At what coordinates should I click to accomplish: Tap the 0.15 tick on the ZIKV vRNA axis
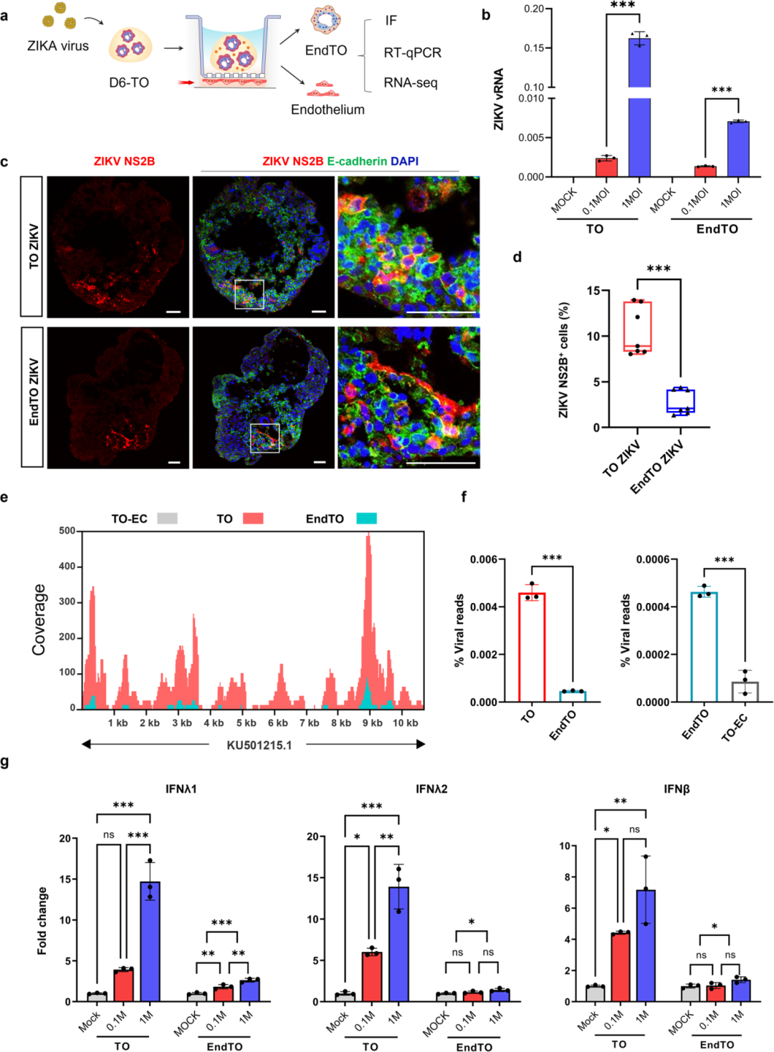pyautogui.click(x=533, y=48)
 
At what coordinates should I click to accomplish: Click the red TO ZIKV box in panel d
pyautogui.click(x=637, y=327)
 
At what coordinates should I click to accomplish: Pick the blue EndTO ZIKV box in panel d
pyautogui.click(x=680, y=400)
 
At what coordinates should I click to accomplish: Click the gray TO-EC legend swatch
pyautogui.click(x=167, y=518)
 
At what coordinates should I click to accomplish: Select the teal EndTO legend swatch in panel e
pyautogui.click(x=366, y=518)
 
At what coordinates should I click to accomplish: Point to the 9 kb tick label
pyautogui.click(x=372, y=723)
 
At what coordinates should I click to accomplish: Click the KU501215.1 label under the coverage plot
pyautogui.click(x=259, y=745)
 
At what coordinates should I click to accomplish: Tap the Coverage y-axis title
pyautogui.click(x=39, y=619)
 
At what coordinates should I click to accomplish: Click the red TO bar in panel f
pyautogui.click(x=532, y=648)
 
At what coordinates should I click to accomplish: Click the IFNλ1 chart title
pyautogui.click(x=181, y=789)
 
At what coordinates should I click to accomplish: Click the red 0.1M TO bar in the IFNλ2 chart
pyautogui.click(x=371, y=977)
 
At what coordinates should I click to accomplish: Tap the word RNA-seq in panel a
pyautogui.click(x=410, y=82)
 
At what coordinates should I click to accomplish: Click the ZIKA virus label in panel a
pyautogui.click(x=58, y=46)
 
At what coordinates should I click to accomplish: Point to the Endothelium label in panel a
pyautogui.click(x=328, y=110)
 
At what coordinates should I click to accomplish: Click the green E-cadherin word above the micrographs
pyautogui.click(x=357, y=161)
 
